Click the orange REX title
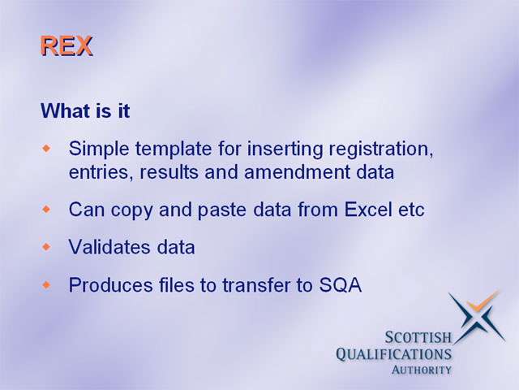[x=66, y=45]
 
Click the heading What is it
[x=85, y=110]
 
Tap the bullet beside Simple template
[x=47, y=148]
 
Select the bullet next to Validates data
[x=47, y=247]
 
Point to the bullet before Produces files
[x=47, y=285]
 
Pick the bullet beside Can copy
[x=47, y=210]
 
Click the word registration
[x=380, y=149]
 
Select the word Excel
[x=367, y=210]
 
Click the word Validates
[x=109, y=247]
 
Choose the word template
[x=173, y=149]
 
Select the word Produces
[x=110, y=285]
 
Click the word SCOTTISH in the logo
[x=418, y=338]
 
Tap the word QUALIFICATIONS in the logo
[x=393, y=354]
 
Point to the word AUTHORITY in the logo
[x=422, y=370]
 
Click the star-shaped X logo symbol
[x=478, y=317]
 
